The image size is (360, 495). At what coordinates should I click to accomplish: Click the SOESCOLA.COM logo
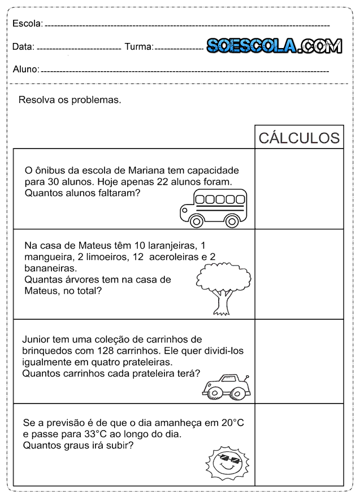(274, 46)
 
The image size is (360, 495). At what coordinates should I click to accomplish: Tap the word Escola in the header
(27, 24)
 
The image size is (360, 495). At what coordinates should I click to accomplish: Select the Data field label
(23, 47)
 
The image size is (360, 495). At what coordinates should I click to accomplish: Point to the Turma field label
(138, 47)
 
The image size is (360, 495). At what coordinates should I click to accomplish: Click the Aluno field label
(25, 70)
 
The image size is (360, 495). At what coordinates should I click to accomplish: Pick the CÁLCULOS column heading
(299, 138)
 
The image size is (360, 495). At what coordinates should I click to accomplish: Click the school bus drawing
(213, 208)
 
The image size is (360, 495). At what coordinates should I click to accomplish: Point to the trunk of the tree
(222, 302)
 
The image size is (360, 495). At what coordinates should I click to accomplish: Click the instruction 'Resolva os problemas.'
(70, 100)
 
